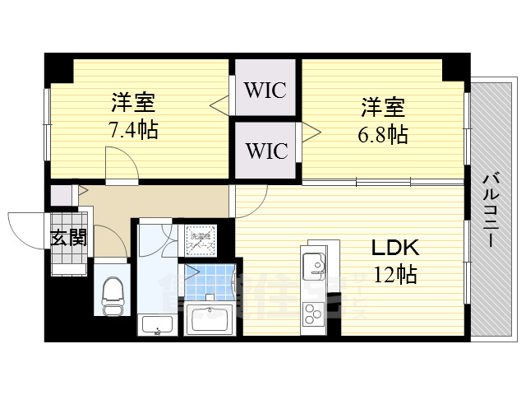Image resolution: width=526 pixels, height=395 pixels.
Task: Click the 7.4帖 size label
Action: pyautogui.click(x=133, y=129)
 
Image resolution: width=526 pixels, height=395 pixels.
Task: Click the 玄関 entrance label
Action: pyautogui.click(x=69, y=239)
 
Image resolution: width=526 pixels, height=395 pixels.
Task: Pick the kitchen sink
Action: pyautogui.click(x=312, y=265)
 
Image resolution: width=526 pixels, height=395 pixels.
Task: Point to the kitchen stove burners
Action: pyautogui.click(x=314, y=314)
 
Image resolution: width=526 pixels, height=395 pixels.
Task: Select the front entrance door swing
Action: pyautogui.click(x=28, y=226)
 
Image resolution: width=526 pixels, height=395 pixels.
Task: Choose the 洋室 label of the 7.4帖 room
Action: pyautogui.click(x=133, y=104)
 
